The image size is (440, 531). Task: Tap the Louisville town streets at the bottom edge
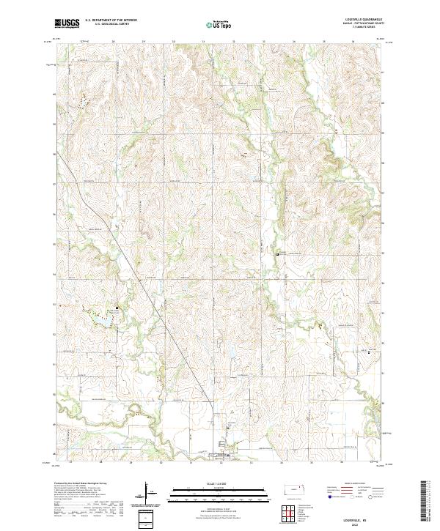point(226,456)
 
